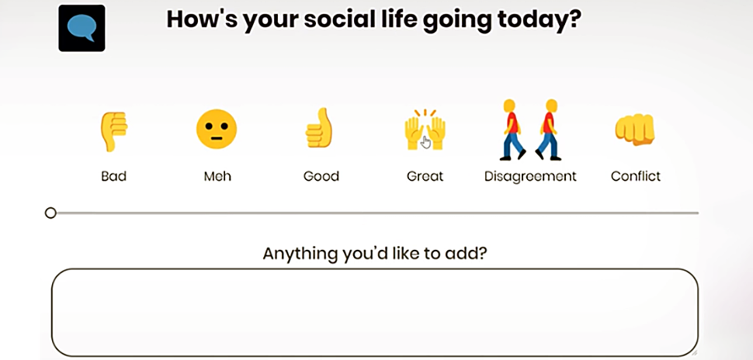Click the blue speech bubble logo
pos(82,28)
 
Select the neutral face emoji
pos(217,129)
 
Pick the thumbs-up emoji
pos(319,128)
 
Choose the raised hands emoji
pos(425,130)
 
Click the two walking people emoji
pos(530,130)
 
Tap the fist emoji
pos(635,129)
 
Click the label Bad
pos(114,176)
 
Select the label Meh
pos(217,176)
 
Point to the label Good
pos(321,176)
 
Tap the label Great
pos(425,176)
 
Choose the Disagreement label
pos(530,176)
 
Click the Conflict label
pos(636,176)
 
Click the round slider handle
pos(50,213)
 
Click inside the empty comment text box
pos(375,313)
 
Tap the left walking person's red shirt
pos(512,123)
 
